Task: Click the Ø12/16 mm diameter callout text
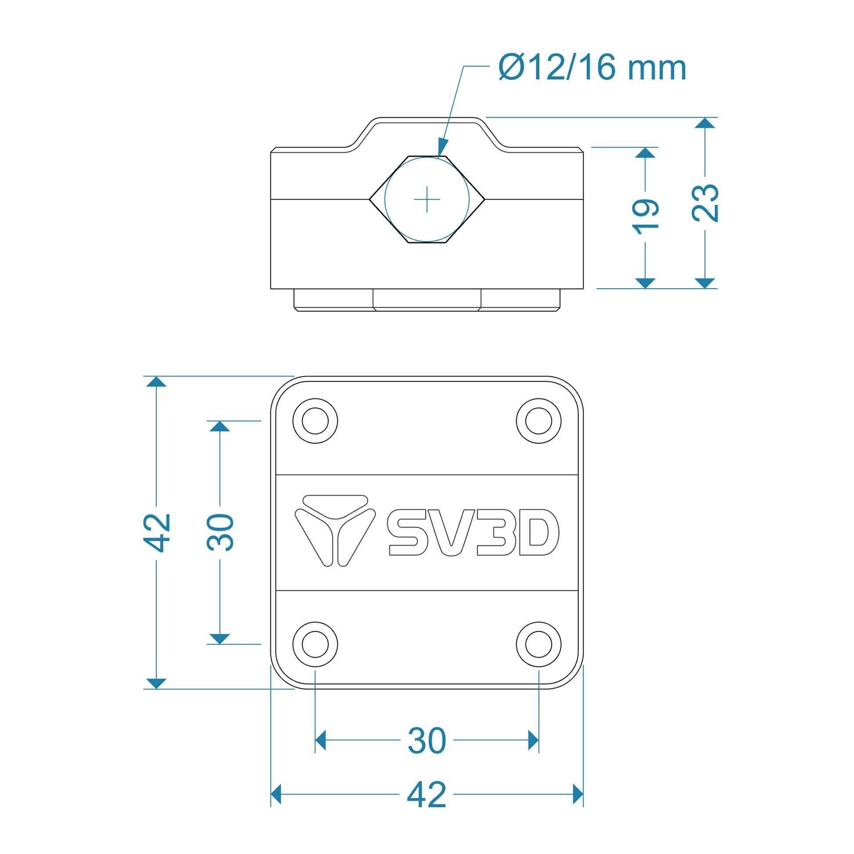coord(592,68)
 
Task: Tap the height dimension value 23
coord(706,203)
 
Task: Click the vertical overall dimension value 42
coord(157,533)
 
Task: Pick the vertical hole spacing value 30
coord(220,533)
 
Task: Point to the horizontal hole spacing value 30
coord(427,741)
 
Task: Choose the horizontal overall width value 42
coord(427,795)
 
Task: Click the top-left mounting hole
coord(315,421)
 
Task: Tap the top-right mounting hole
coord(539,421)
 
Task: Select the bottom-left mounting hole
coord(315,645)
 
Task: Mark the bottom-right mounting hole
coord(539,645)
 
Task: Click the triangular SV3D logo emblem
coord(335,531)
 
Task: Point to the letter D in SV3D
coord(539,532)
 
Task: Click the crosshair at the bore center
coord(427,199)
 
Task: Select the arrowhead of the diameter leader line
coord(442,147)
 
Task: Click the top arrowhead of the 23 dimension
coord(705,123)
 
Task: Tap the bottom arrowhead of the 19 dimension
coord(646,283)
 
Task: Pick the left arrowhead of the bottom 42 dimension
coord(276,794)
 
